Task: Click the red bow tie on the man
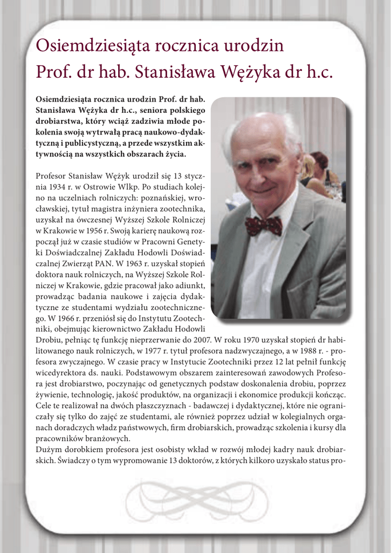(x=263, y=225)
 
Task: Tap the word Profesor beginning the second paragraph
(x=53, y=176)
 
